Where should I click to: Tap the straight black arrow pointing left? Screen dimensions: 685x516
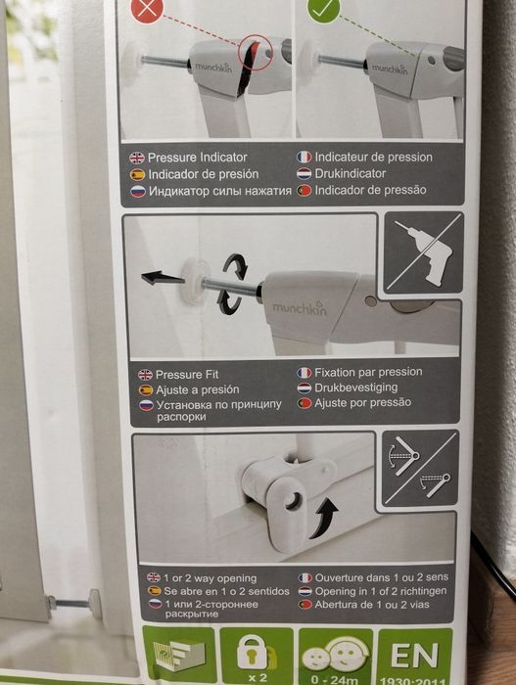(163, 279)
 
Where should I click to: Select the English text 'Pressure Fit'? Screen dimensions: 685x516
(188, 374)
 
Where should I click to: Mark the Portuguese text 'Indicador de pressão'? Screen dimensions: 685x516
(372, 189)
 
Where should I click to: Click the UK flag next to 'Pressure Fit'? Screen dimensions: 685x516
(145, 374)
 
